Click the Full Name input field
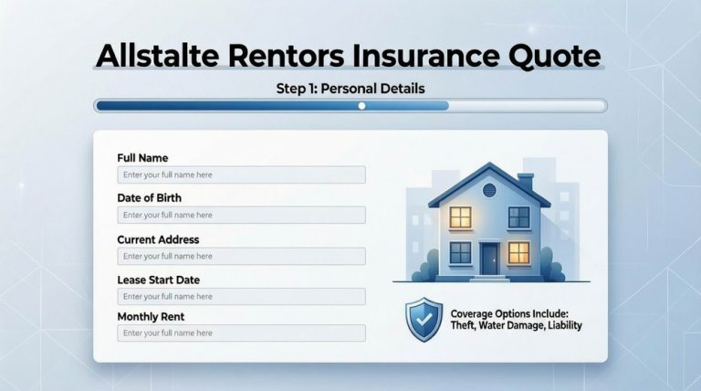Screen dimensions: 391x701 (x=241, y=174)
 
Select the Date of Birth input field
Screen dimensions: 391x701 (x=241, y=215)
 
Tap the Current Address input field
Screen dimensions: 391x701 (x=241, y=256)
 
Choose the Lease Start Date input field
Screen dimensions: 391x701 (x=241, y=296)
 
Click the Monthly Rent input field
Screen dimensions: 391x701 (x=241, y=333)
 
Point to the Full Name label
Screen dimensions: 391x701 (x=142, y=158)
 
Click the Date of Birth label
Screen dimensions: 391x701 (x=149, y=198)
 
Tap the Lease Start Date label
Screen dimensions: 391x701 (x=158, y=280)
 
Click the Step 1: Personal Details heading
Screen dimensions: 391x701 (x=350, y=89)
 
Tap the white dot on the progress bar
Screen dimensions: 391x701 (x=361, y=106)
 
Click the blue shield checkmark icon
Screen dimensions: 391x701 (x=423, y=319)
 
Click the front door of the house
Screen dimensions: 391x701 (x=490, y=257)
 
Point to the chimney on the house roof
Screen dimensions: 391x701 (x=525, y=182)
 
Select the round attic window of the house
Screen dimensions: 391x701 (x=488, y=190)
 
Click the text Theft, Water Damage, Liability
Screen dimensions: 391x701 (x=516, y=325)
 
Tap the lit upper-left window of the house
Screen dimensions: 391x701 (x=460, y=217)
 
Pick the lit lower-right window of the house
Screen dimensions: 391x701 (x=518, y=252)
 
